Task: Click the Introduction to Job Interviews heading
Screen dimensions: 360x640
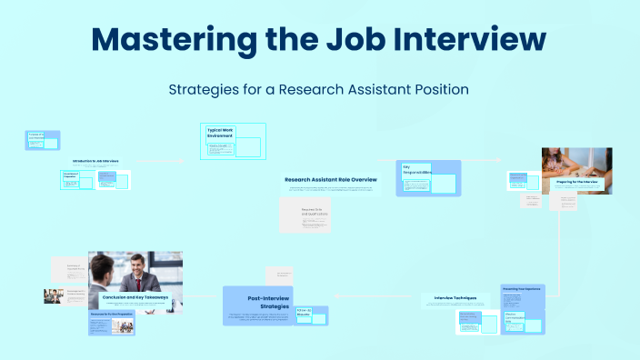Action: click(x=95, y=161)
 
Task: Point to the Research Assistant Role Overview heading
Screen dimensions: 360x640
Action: click(x=330, y=179)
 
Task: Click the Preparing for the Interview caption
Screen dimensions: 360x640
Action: click(x=577, y=183)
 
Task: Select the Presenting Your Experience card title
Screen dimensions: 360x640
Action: click(x=522, y=289)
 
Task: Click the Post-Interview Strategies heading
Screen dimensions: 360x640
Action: click(x=268, y=302)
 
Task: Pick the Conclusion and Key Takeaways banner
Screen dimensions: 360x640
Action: click(x=135, y=297)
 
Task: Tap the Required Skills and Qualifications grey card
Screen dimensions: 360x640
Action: click(x=315, y=216)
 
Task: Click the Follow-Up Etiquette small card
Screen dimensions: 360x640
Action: click(x=305, y=314)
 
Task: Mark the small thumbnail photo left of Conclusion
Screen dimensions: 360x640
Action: click(x=52, y=295)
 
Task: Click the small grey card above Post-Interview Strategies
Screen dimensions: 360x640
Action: click(x=277, y=275)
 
